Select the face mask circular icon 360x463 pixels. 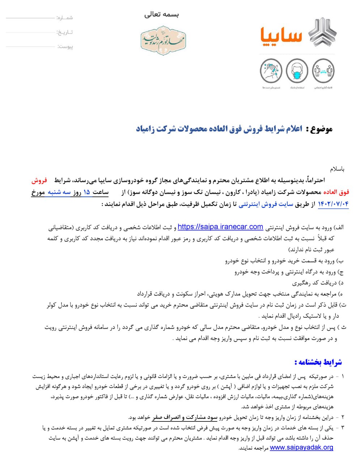pos(297,72)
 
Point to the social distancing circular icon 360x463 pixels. pos(323,72)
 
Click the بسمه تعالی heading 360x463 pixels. pos(162,14)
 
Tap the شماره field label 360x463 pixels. pos(65,17)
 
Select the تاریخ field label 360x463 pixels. pos(65,32)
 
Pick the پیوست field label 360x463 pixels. pos(65,47)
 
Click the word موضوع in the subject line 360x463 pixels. pos(319,129)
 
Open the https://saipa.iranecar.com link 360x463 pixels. pos(220,227)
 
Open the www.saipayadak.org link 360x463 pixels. pos(301,447)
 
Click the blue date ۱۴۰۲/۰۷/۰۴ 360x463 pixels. pos(333,204)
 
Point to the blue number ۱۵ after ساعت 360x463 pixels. pos(86,192)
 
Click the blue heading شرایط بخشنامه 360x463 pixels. pos(318,362)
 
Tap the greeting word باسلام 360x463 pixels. pos(337,169)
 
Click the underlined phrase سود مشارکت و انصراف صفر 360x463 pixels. pos(185,417)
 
